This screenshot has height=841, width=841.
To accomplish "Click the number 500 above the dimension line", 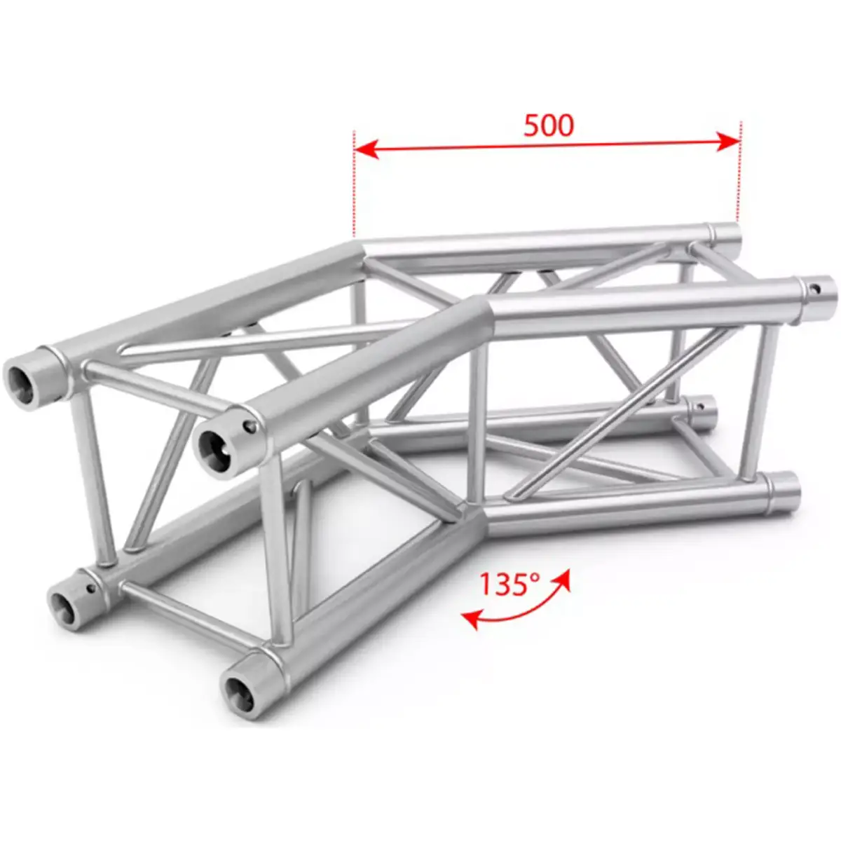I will [548, 125].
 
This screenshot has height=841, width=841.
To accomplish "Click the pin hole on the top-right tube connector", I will [816, 288].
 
